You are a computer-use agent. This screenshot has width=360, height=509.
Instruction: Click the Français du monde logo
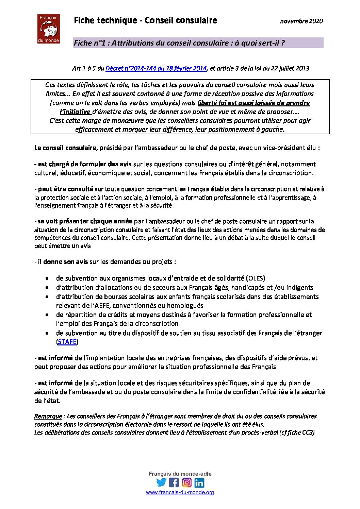click(x=49, y=29)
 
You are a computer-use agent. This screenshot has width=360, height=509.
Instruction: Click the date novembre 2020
click(x=301, y=21)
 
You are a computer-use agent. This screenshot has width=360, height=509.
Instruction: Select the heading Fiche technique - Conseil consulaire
click(x=145, y=20)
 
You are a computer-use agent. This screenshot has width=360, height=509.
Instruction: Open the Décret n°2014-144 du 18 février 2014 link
click(x=156, y=68)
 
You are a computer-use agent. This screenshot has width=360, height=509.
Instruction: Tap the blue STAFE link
click(x=67, y=342)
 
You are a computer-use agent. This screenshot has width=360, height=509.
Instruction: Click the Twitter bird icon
click(x=161, y=482)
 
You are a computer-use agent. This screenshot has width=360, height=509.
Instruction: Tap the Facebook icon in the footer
click(x=174, y=482)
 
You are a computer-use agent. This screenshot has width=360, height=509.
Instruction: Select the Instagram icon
click(x=186, y=482)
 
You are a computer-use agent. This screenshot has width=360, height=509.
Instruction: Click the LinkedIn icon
click(x=199, y=482)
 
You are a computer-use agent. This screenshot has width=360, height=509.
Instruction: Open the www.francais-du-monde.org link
click(x=180, y=492)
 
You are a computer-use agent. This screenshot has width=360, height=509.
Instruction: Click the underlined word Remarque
click(x=48, y=416)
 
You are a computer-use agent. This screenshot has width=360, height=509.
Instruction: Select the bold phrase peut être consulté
click(x=66, y=189)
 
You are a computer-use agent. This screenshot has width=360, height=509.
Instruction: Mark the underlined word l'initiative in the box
click(x=75, y=112)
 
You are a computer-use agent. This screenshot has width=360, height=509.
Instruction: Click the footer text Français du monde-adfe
click(x=180, y=474)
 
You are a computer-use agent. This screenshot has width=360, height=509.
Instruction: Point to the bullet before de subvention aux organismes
click(x=47, y=278)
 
